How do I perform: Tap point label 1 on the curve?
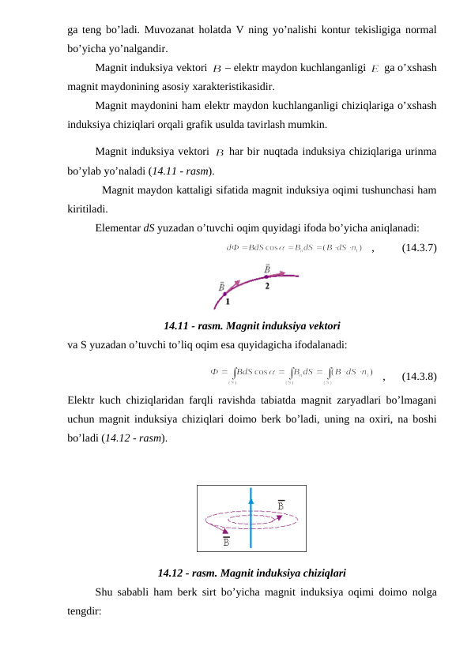click(228, 301)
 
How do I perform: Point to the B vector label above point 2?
click(266, 269)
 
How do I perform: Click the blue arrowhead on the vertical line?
click(251, 498)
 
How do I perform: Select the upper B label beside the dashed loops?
click(281, 504)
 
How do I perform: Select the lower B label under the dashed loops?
click(226, 541)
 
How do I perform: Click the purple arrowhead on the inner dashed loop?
click(279, 518)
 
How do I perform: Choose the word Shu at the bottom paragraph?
click(104, 592)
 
